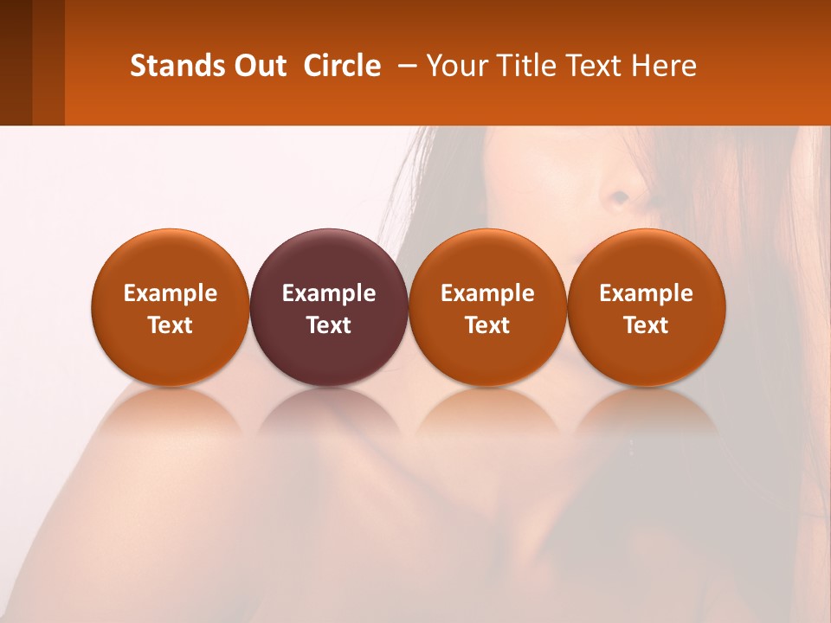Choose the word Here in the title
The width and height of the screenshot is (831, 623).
[x=665, y=66]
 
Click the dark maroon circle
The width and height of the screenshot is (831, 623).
[x=329, y=307]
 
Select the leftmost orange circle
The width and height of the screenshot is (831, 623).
[x=170, y=307]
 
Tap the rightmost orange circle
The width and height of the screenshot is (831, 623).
[x=647, y=307]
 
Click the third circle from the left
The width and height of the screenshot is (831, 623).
[x=487, y=307]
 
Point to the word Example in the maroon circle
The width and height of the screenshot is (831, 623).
[x=329, y=293]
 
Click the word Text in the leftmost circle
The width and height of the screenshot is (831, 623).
[x=170, y=325]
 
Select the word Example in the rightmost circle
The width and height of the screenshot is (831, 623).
[x=647, y=293]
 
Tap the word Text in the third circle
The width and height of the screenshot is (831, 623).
[x=487, y=325]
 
